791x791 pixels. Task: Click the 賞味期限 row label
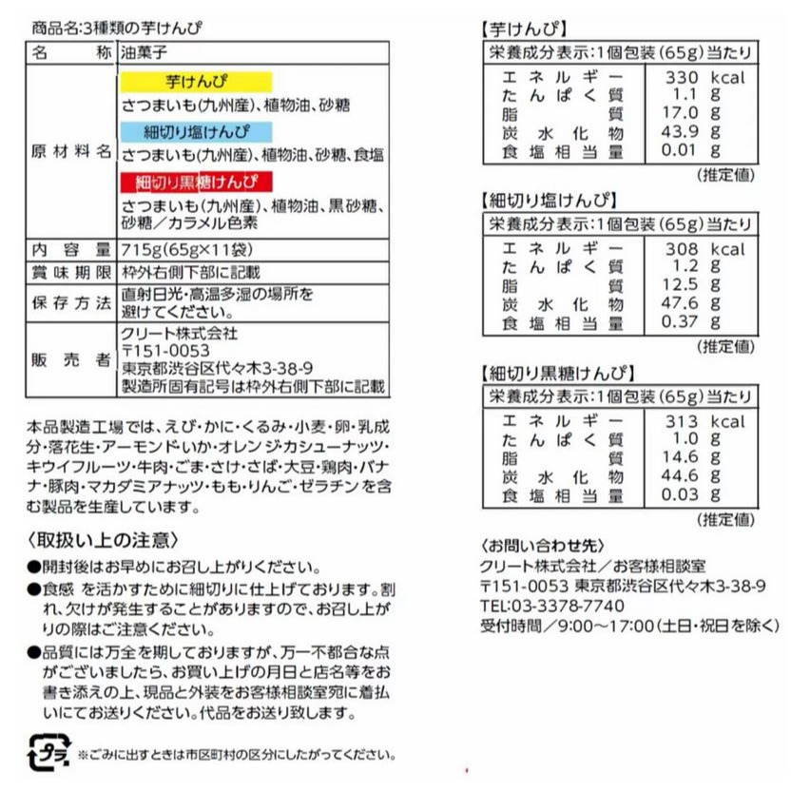coord(71,271)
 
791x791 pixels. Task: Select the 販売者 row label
coord(71,360)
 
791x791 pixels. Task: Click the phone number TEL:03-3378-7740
coord(552,606)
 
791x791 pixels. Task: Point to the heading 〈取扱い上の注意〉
coord(103,540)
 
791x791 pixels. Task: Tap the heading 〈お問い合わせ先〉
coord(543,546)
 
